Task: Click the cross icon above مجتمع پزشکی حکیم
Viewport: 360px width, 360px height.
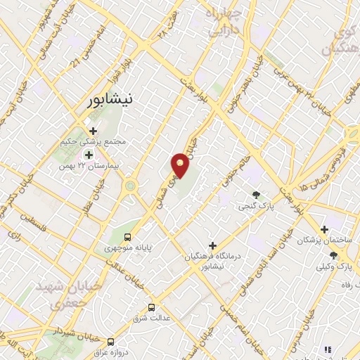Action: tap(93, 130)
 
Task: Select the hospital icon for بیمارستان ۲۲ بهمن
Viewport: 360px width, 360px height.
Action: tap(89, 155)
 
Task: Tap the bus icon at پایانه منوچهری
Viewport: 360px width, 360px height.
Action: tap(127, 236)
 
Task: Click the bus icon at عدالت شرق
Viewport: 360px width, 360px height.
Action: tap(151, 307)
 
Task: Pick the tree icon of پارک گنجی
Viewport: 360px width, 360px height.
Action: tap(256, 195)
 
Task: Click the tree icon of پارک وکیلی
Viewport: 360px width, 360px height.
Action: tap(333, 255)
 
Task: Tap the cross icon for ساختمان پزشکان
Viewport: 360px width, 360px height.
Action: tap(324, 229)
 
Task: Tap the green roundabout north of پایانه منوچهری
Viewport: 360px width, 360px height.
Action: tap(130, 186)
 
